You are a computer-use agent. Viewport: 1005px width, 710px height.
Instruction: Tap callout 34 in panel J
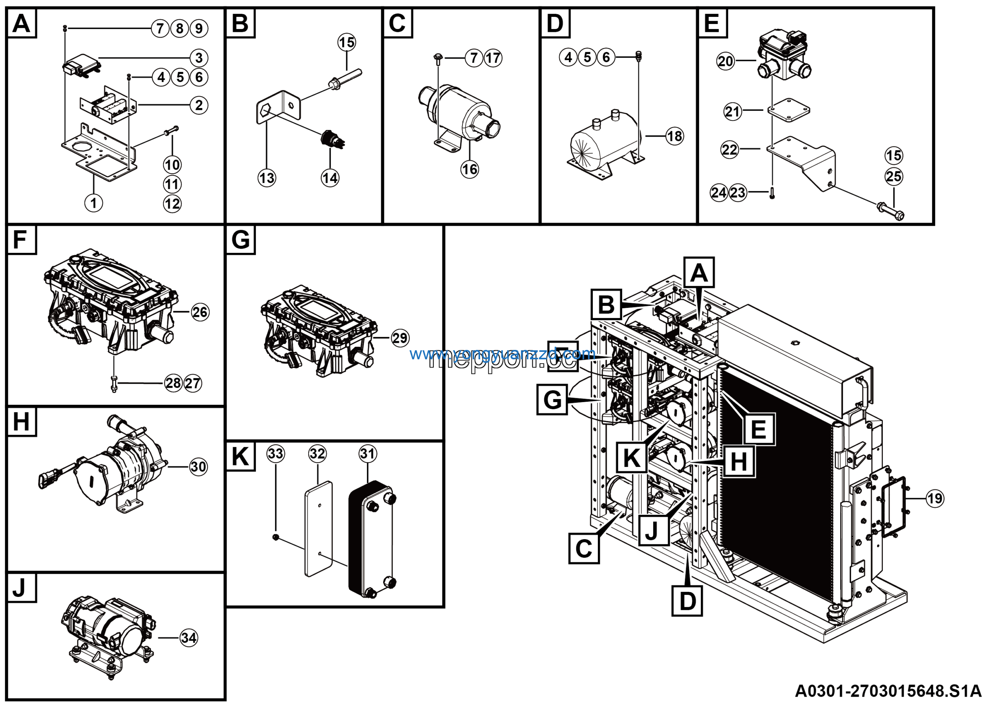click(x=189, y=638)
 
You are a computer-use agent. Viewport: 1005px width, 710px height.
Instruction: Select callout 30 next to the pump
click(x=198, y=467)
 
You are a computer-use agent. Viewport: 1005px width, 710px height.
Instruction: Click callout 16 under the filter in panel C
click(x=470, y=169)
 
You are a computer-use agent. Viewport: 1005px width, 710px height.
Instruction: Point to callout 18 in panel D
click(x=674, y=136)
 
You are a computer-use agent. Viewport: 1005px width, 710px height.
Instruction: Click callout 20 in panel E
click(x=725, y=61)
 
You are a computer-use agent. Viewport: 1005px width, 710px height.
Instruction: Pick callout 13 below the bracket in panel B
click(x=267, y=178)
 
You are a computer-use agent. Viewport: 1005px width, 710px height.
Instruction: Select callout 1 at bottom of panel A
click(x=93, y=203)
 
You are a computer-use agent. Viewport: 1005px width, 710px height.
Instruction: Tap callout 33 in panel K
click(x=275, y=454)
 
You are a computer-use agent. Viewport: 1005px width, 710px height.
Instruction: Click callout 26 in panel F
click(x=200, y=312)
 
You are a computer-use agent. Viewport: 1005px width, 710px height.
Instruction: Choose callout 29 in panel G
click(x=400, y=338)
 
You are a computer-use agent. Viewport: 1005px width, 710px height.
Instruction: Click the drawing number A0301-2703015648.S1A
click(x=888, y=691)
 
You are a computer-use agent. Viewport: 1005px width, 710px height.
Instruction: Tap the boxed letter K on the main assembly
click(x=632, y=458)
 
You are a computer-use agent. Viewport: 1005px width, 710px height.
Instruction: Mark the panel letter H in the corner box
click(x=21, y=421)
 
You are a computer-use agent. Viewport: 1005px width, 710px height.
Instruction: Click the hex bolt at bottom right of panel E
click(x=891, y=211)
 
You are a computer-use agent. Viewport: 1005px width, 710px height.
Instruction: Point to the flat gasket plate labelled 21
click(x=789, y=110)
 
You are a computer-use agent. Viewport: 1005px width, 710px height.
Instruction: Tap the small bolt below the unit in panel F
click(x=114, y=384)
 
